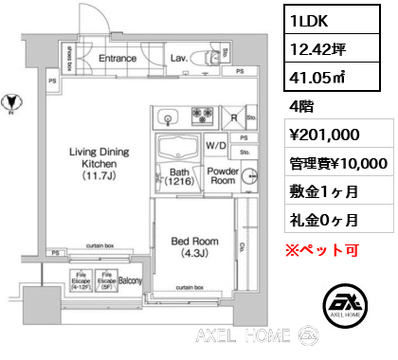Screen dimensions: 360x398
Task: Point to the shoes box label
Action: click(69, 56)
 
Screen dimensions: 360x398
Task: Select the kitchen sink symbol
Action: click(169, 118)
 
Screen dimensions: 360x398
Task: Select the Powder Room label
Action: click(224, 174)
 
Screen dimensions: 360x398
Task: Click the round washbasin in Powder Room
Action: click(249, 176)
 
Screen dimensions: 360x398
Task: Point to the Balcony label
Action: click(131, 281)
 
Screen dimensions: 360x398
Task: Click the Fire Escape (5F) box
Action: click(106, 282)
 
